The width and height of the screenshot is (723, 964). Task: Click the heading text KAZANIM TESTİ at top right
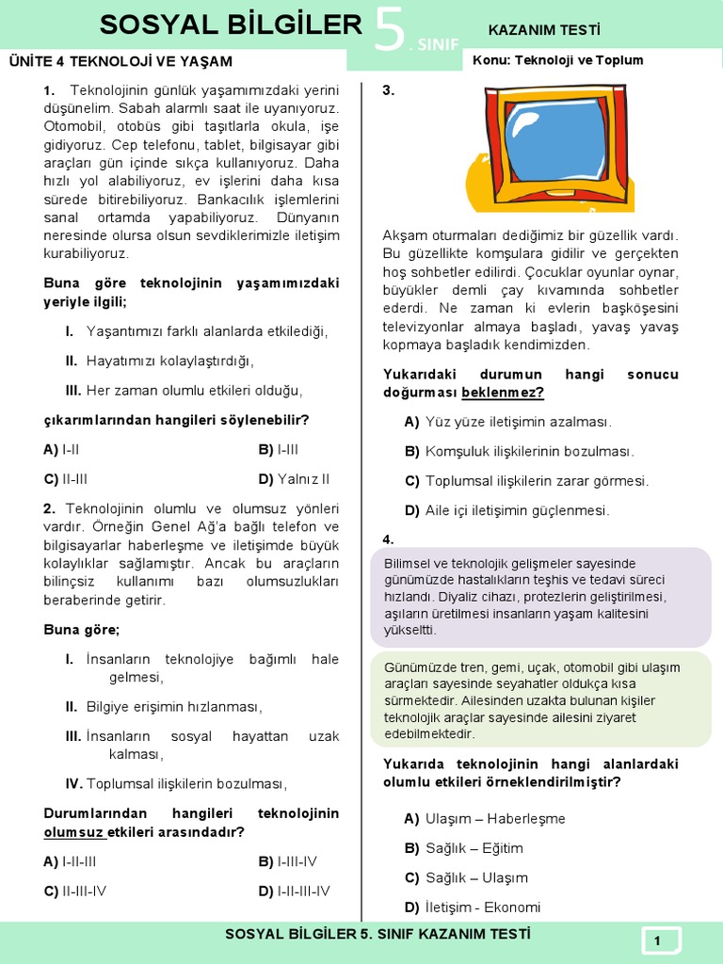tap(544, 30)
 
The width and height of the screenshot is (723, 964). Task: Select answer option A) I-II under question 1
tap(62, 450)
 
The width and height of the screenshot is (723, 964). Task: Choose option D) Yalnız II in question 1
tap(295, 479)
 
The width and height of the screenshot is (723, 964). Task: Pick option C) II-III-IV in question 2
tap(75, 891)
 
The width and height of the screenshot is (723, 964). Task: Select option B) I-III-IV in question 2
tap(288, 861)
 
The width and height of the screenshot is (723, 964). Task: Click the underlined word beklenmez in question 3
tap(503, 393)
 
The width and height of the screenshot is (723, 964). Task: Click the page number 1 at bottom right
tap(658, 940)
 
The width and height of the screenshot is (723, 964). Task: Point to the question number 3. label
tap(388, 91)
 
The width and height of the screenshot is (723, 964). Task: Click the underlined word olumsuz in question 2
tap(73, 832)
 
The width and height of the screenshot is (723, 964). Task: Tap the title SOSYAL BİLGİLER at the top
tap(231, 25)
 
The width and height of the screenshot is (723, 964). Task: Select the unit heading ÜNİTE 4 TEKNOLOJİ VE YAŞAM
tap(120, 62)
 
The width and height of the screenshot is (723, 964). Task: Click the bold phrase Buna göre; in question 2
tap(82, 630)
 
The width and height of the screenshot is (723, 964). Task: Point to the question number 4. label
tap(388, 539)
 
